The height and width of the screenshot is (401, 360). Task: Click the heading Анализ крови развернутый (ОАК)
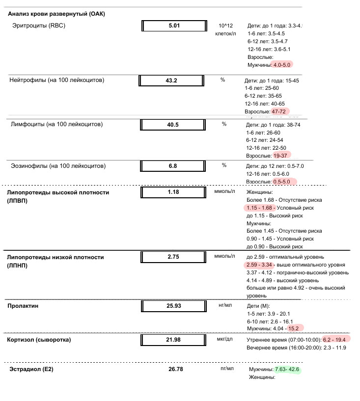(56, 14)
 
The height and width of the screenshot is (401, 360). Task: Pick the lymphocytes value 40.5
(173, 125)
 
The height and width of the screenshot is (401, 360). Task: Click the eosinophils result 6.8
(173, 166)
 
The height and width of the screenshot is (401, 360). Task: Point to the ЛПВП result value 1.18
(173, 192)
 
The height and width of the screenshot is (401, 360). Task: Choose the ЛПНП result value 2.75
(173, 257)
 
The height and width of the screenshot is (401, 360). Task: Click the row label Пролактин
(24, 306)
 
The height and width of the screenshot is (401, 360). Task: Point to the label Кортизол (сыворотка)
(39, 340)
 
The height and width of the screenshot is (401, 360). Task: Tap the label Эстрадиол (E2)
(32, 369)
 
